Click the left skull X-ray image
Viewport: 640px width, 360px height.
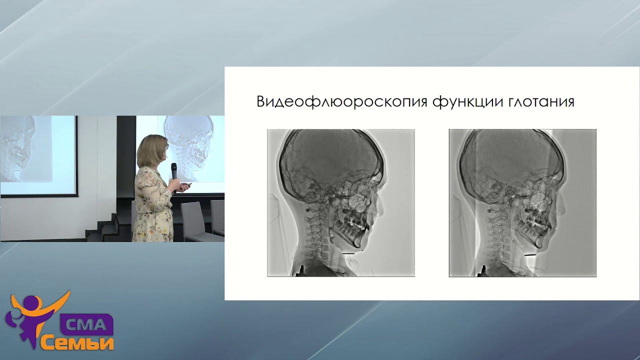click(340, 202)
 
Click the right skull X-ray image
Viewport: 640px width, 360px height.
click(522, 202)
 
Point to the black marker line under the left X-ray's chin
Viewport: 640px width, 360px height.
click(349, 254)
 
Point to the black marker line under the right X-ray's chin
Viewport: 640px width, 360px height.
click(530, 255)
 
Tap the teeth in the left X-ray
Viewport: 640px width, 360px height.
click(352, 220)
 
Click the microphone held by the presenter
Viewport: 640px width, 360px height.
click(173, 171)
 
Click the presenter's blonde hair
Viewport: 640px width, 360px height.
click(151, 150)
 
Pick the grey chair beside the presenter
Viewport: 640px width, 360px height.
click(192, 220)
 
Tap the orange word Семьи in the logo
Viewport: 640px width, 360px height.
click(77, 342)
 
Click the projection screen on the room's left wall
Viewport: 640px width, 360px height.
click(37, 155)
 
